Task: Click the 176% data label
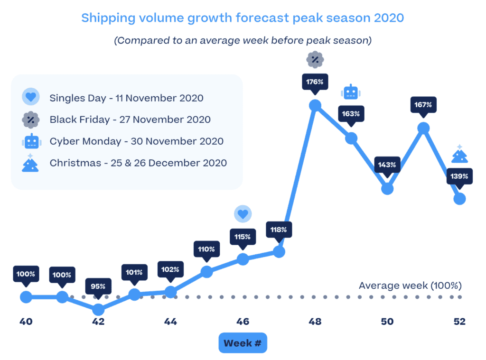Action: pyautogui.click(x=315, y=82)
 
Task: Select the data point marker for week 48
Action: pyautogui.click(x=315, y=105)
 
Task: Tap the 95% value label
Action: pyautogui.click(x=98, y=286)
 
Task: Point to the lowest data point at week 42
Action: pyautogui.click(x=98, y=309)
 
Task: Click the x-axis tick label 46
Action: pyautogui.click(x=243, y=322)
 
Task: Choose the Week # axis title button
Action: pyautogui.click(x=243, y=343)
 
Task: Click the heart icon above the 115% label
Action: pyautogui.click(x=243, y=214)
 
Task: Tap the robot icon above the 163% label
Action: pyautogui.click(x=351, y=92)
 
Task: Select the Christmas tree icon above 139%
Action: pyautogui.click(x=459, y=155)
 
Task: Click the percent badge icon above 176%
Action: pyautogui.click(x=315, y=60)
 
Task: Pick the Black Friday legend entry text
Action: pyautogui.click(x=130, y=120)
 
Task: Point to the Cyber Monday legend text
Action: pyautogui.click(x=136, y=141)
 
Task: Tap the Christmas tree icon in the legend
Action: pyautogui.click(x=31, y=163)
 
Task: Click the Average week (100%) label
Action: pyautogui.click(x=410, y=286)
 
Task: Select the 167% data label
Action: pyautogui.click(x=423, y=104)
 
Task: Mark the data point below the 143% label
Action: pyautogui.click(x=387, y=188)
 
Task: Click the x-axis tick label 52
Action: pyautogui.click(x=459, y=322)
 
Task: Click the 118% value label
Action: pyautogui.click(x=279, y=230)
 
